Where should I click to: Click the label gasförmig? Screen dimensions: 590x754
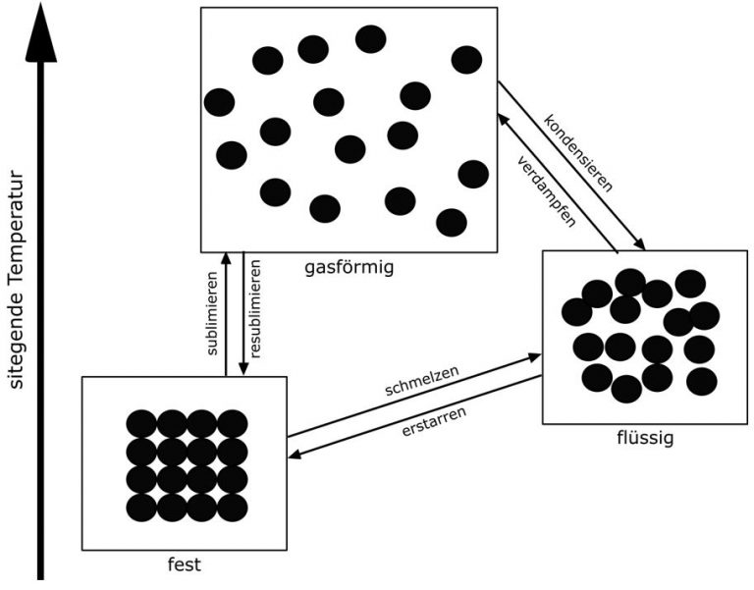pyautogui.click(x=350, y=265)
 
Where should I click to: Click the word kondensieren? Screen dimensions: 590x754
pyautogui.click(x=579, y=153)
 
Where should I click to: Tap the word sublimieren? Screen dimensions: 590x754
pyautogui.click(x=212, y=316)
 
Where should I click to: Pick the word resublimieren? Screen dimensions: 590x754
pyautogui.click(x=255, y=313)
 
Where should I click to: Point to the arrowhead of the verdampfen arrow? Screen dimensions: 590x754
pyautogui.click(x=503, y=117)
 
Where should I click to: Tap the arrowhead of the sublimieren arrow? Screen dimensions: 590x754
pyautogui.click(x=226, y=258)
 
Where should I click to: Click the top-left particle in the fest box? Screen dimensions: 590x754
pyautogui.click(x=141, y=423)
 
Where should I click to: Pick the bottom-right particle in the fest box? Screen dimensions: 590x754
pyautogui.click(x=232, y=508)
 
